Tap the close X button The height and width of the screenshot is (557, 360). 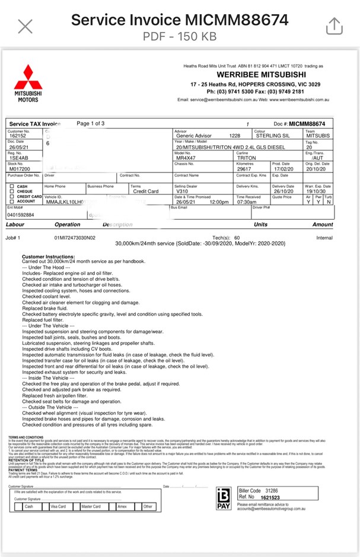pos(26,26)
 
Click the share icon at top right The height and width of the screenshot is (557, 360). pos(334,26)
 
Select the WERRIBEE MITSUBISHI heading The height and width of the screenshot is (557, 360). pos(253,75)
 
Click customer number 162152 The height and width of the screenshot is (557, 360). pos(17,136)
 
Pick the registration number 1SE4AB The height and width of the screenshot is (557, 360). pos(18,158)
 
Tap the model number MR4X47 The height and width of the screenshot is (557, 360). pos(187,158)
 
